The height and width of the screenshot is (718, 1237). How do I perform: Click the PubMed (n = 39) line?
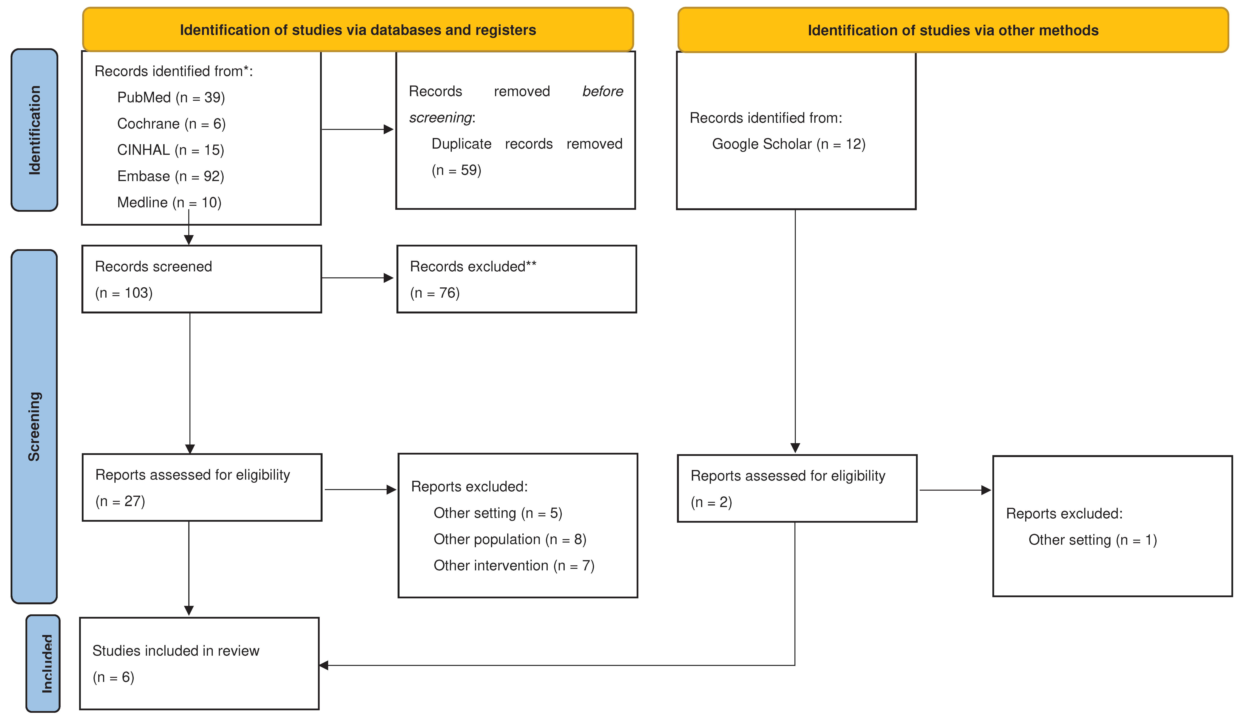[171, 97]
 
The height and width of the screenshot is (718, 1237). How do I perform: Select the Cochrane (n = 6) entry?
[171, 124]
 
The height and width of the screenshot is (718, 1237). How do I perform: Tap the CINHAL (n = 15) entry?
[170, 150]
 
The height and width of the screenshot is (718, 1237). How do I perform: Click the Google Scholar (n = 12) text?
[788, 144]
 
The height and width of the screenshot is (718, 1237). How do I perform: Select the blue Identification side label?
[34, 130]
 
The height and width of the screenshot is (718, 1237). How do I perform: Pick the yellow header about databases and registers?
[358, 30]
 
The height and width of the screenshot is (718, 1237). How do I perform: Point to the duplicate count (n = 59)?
[456, 170]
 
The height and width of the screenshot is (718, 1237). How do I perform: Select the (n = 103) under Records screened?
[124, 293]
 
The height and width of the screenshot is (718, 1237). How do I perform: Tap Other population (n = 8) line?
[510, 539]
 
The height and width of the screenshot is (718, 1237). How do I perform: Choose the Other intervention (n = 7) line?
[513, 565]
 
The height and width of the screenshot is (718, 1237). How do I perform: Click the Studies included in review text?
[176, 651]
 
